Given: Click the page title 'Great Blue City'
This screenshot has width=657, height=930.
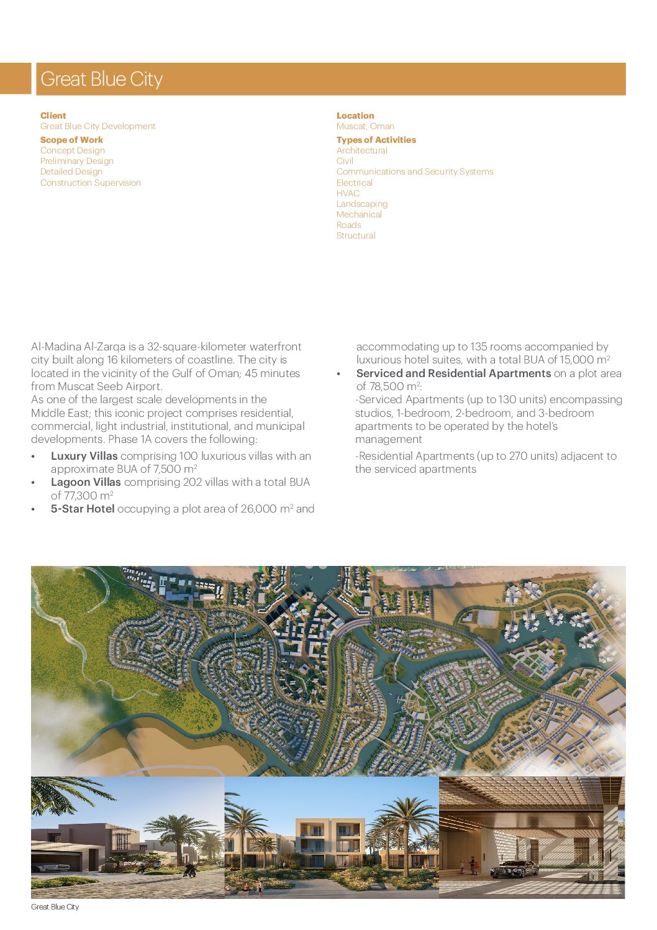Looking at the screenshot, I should (101, 80).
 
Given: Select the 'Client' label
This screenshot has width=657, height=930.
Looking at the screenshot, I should (53, 116).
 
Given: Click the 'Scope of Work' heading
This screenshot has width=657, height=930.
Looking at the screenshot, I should (71, 140).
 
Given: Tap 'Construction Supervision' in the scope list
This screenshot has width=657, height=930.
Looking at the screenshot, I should (91, 183).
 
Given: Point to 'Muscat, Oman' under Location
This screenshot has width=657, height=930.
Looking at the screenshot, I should (365, 126).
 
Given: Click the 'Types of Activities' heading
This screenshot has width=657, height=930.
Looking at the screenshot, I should (376, 140).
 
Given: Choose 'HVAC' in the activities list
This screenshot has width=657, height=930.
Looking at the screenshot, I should (348, 193).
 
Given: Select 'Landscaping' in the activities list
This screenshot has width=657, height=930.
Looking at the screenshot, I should (362, 204).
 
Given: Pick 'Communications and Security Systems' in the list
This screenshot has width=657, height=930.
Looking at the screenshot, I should (415, 171).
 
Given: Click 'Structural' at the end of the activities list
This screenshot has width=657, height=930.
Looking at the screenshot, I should (356, 235).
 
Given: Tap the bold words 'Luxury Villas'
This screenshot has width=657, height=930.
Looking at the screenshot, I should (84, 456).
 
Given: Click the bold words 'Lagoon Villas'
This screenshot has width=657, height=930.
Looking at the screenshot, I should (86, 482).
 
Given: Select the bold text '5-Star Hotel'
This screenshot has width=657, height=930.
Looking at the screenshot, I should (83, 509).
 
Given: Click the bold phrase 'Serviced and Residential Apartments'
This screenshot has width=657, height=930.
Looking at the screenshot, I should (453, 373).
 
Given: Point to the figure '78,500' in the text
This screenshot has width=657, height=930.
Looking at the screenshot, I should (386, 386).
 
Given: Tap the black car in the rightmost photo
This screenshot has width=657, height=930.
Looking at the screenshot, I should (514, 869).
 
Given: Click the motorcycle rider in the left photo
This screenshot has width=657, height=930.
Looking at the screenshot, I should (189, 870).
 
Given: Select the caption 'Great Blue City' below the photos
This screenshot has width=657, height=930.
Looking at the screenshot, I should (55, 907).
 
